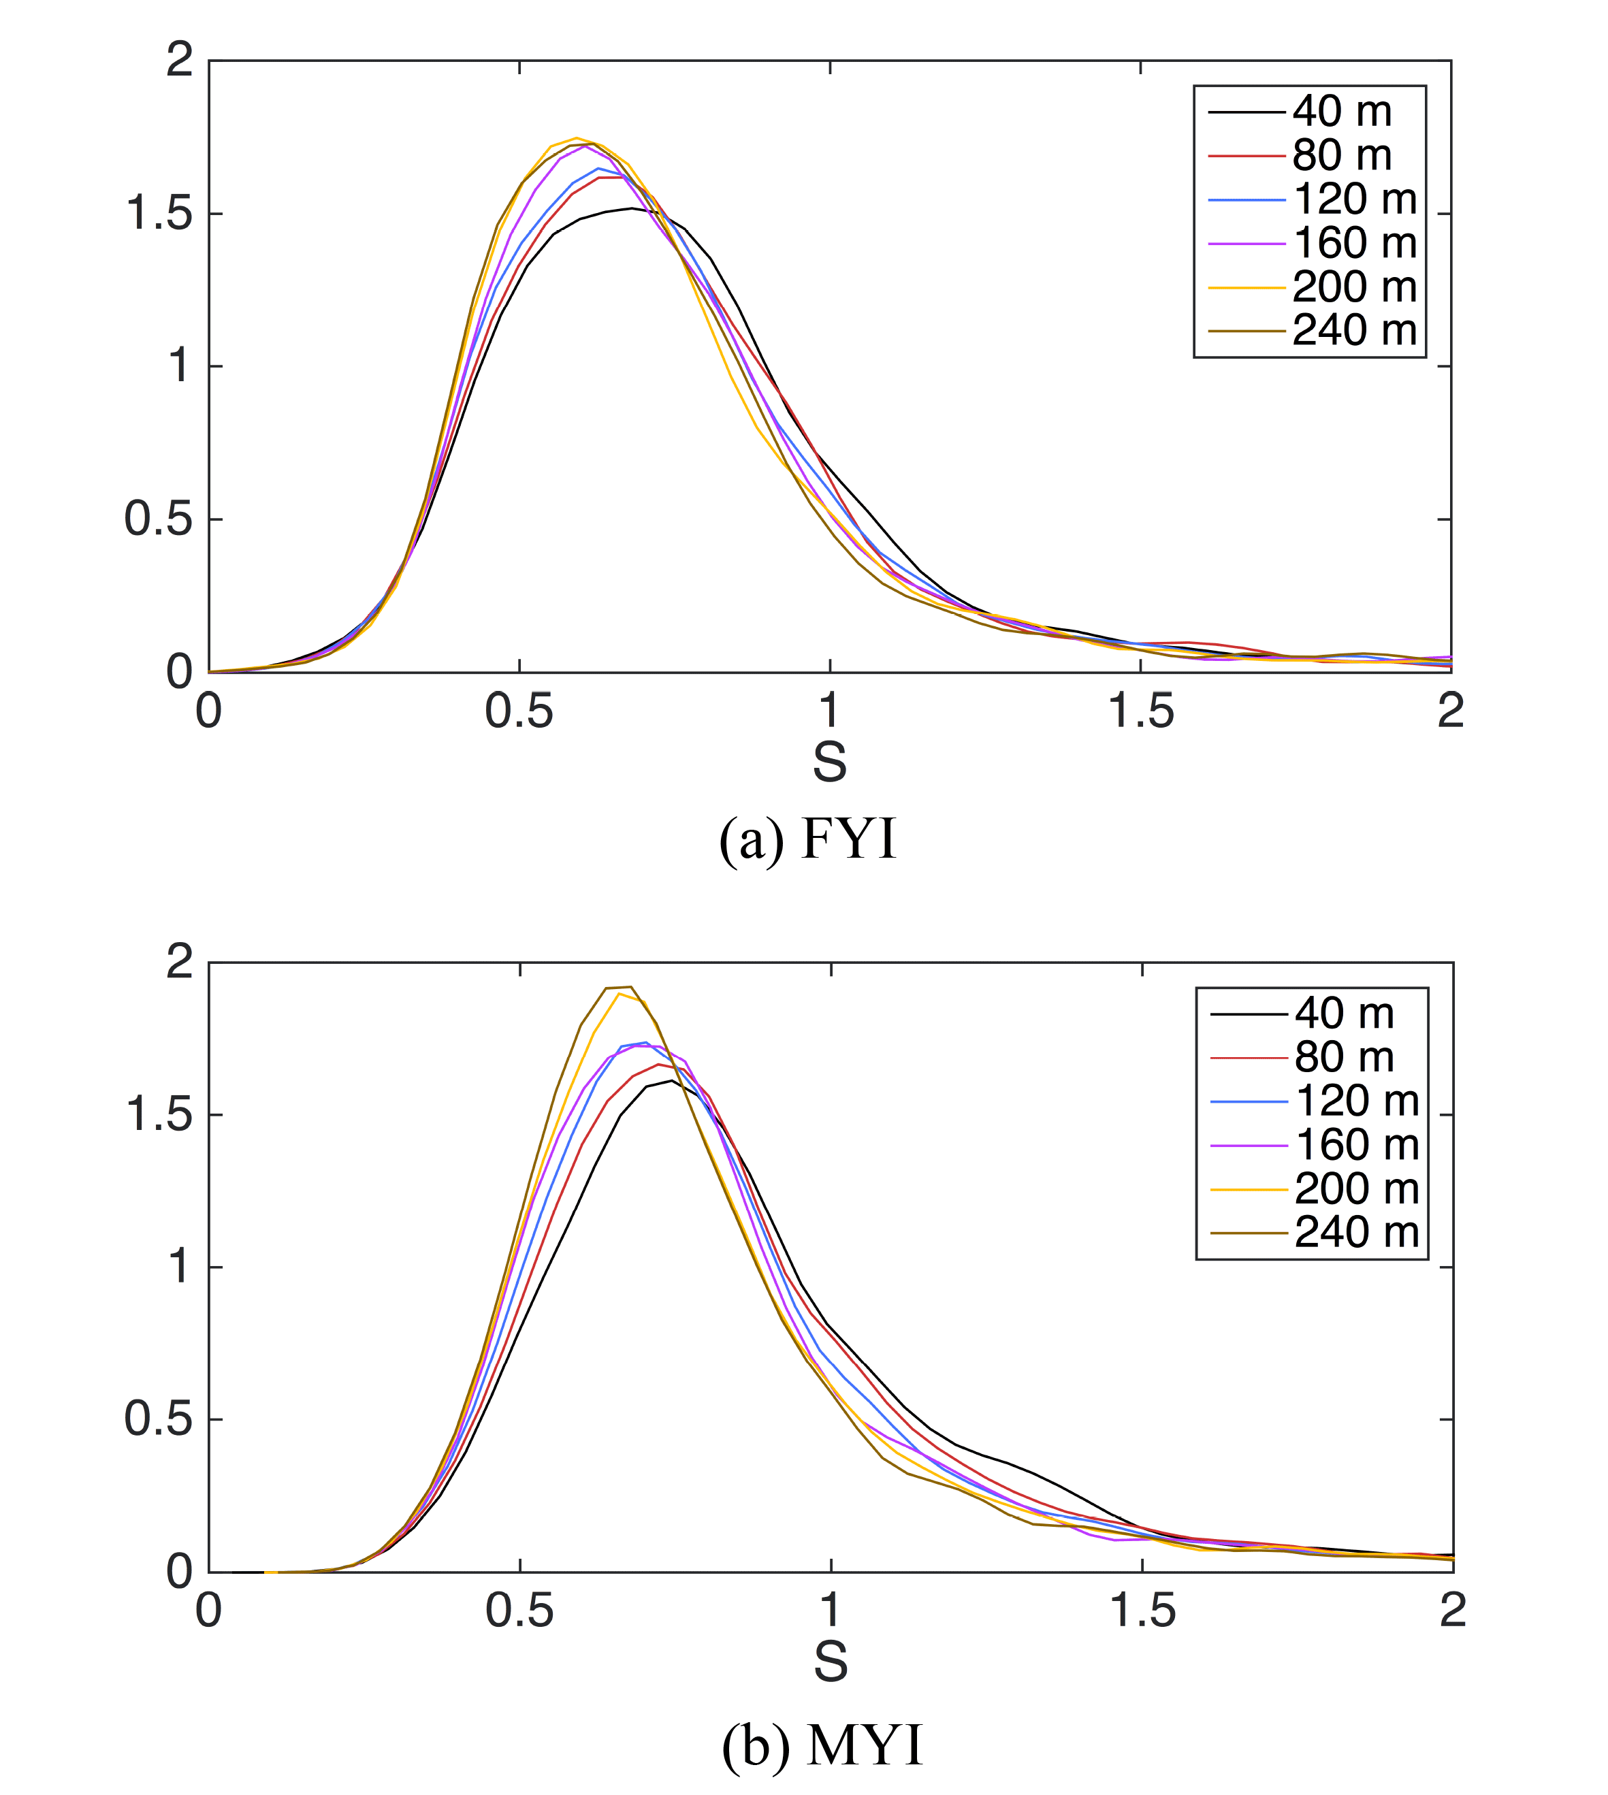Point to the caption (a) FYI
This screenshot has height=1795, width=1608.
[807, 839]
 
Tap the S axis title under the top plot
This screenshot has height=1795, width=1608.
[830, 762]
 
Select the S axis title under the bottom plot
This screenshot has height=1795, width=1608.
[831, 1662]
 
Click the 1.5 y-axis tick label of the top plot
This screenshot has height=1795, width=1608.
[160, 214]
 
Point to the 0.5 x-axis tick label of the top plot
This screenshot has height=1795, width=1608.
[519, 711]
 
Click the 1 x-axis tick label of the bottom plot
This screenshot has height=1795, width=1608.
[831, 1612]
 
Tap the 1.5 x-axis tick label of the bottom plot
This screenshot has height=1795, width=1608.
[1142, 1612]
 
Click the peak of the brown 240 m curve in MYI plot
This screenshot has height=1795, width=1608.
[629, 987]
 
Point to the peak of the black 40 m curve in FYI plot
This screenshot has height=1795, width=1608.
[631, 208]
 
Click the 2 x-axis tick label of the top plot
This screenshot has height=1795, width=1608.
[1451, 711]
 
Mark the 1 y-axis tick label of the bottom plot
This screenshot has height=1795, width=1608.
[179, 1267]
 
